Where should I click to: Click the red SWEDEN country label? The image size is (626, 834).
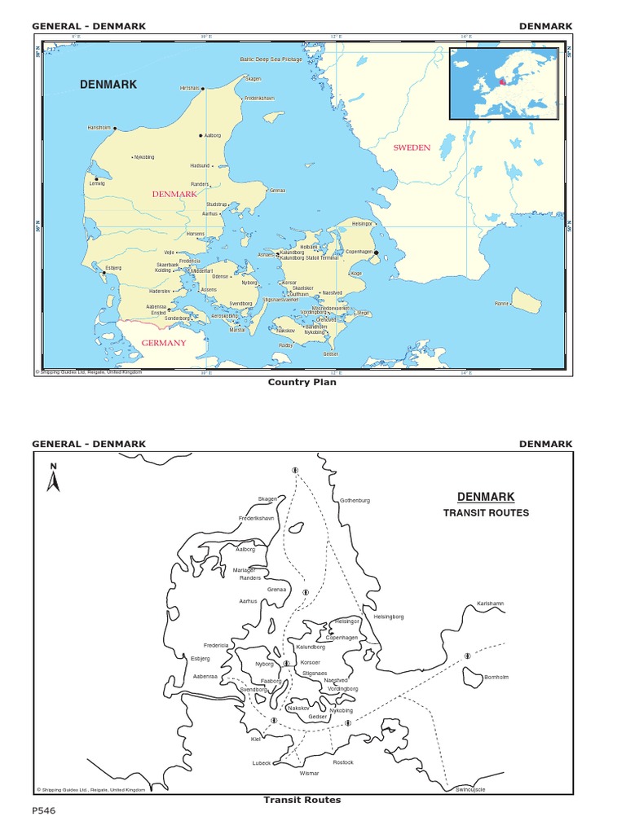pos(411,147)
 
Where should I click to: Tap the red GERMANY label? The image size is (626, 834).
pos(164,343)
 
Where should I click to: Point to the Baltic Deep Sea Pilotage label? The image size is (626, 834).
pos(271,59)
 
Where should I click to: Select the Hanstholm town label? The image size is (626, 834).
pos(99,128)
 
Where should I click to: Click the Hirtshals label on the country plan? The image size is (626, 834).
pos(190,88)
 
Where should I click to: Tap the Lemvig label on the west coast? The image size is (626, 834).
pos(97,184)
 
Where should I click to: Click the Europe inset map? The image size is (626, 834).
pos(505,83)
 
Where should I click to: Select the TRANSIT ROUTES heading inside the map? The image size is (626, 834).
pos(486,513)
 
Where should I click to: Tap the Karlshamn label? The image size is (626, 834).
pos(491,604)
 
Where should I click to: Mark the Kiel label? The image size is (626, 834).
pos(256,739)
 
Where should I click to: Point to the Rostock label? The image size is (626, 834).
pos(343,762)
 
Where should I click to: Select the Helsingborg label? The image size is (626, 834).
pos(389,617)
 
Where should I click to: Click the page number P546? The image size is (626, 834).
pos(44,811)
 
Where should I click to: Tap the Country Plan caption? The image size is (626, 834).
pos(302,382)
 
